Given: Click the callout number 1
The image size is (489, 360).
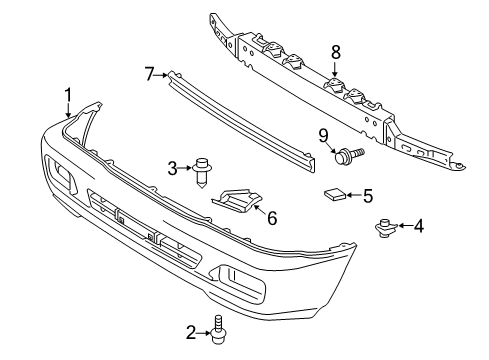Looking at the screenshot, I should (x=68, y=95).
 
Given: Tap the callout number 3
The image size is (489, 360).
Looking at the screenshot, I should (x=172, y=167).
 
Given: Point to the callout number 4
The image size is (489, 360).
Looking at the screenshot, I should (x=419, y=226).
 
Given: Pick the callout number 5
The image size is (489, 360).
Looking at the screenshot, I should (x=367, y=196).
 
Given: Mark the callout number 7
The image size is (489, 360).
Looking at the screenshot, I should (x=149, y=73).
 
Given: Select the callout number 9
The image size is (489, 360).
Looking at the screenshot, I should (x=323, y=136).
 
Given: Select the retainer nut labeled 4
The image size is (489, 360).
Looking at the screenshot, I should (x=382, y=228).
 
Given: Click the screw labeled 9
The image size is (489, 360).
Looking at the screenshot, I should (x=349, y=154).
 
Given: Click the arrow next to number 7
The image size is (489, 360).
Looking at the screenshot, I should (x=161, y=73).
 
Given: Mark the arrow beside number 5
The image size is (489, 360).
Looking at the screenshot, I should (x=352, y=196).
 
